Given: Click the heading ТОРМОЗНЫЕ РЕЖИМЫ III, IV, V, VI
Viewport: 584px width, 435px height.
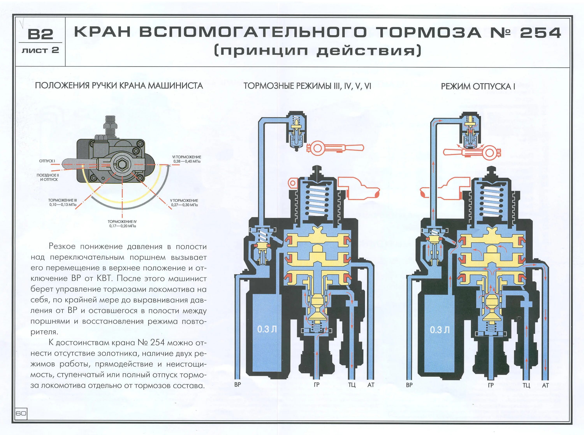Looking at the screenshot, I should tap(307, 86).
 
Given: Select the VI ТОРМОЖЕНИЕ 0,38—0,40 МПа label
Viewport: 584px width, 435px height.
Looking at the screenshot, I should tap(187, 159).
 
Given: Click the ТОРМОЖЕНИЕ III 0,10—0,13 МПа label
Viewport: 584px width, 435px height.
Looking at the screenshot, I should tap(63, 202).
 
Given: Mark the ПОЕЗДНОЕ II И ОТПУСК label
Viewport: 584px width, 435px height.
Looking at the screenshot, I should tap(47, 177).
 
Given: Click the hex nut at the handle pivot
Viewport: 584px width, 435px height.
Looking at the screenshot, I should tap(122, 164).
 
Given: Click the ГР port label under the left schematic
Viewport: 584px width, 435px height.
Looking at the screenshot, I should tap(317, 385).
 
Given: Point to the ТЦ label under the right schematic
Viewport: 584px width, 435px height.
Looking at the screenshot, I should tap(526, 385).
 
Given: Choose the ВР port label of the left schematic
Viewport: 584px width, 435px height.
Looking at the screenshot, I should tap(237, 384).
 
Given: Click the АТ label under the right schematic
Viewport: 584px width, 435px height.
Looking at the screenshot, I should tap(545, 385).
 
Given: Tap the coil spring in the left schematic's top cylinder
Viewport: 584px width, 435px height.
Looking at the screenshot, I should tap(316, 201).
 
